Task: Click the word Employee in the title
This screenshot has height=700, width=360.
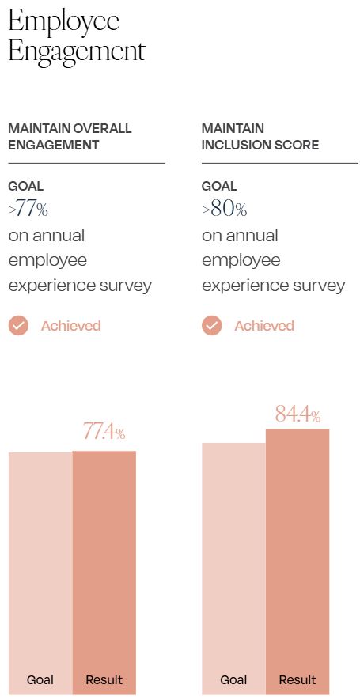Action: click(x=63, y=21)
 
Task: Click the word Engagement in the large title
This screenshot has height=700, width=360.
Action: click(x=77, y=51)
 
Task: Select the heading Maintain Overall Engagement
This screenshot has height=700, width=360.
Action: click(x=70, y=136)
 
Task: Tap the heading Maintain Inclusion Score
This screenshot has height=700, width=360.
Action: click(x=260, y=136)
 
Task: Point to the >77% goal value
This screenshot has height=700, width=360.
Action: click(x=28, y=210)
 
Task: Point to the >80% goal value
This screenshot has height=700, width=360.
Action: click(x=224, y=210)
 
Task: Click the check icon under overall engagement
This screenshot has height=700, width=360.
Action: click(x=18, y=325)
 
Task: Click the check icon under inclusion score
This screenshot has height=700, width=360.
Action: click(x=212, y=325)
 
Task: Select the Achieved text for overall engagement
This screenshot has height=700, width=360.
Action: click(x=71, y=326)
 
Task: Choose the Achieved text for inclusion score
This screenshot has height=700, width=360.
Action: click(x=264, y=326)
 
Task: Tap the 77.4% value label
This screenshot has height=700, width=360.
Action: click(x=104, y=432)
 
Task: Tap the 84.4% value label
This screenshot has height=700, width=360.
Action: click(x=297, y=414)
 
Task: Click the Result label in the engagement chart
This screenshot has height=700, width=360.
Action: click(x=104, y=679)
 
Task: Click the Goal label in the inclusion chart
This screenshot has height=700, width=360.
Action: click(x=233, y=679)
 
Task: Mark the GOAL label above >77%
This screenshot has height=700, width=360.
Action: click(x=25, y=187)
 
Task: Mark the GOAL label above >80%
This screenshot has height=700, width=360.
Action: click(x=219, y=187)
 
